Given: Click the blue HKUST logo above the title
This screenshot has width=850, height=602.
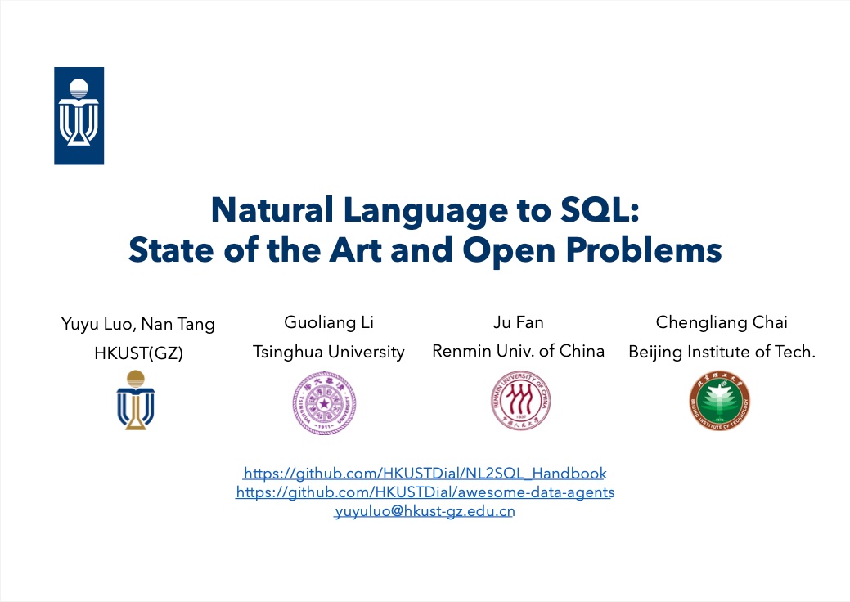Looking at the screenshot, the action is coord(79,116).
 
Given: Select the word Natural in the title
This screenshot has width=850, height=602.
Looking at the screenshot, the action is coord(272,209).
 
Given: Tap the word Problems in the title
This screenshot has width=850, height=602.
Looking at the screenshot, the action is coord(644,249).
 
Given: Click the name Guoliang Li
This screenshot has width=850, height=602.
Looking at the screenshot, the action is coord(329,322).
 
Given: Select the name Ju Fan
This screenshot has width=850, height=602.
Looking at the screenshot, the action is coord(518,322).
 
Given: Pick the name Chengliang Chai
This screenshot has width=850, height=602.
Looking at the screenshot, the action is coord(722,322).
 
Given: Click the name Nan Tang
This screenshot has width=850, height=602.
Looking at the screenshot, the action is coord(178,324).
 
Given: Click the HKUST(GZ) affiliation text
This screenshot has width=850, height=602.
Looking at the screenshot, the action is coord(138,353).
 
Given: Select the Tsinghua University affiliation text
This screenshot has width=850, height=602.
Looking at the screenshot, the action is coord(329,353).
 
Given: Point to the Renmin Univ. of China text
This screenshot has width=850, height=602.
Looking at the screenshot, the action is coord(518,351).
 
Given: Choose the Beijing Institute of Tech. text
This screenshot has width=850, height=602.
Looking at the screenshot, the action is coord(722,353).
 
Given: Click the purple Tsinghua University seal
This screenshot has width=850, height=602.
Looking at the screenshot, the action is coord(324,403).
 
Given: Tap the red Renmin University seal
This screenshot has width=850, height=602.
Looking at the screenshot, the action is coord(520,401).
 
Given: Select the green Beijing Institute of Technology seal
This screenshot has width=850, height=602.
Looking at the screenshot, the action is coord(719,401).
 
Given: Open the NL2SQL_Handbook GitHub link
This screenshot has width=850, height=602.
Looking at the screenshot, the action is coord(425,474).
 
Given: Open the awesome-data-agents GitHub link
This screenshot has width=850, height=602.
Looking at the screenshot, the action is coord(425,492).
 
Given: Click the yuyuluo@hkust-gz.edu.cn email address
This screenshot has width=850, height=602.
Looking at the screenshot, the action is coord(425,511).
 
